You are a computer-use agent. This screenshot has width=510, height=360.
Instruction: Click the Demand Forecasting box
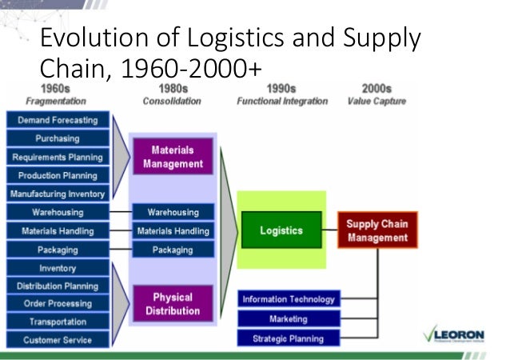click(57, 120)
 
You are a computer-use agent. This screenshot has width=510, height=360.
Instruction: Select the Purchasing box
click(57, 138)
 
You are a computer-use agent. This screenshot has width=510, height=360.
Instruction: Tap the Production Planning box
click(57, 175)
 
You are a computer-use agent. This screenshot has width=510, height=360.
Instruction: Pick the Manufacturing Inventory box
click(57, 194)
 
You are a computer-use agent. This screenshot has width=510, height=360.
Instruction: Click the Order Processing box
click(57, 303)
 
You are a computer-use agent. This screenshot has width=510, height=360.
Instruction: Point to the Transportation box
click(57, 322)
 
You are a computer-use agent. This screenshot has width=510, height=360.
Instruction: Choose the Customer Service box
click(57, 340)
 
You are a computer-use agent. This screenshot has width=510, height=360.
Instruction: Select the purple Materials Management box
click(173, 157)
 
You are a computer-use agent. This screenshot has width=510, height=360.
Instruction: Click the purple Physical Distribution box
click(173, 304)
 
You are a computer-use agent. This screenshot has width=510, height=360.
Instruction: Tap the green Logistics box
click(281, 230)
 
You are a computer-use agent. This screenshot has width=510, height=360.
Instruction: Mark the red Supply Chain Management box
click(377, 230)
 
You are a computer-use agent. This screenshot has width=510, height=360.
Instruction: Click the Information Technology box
click(289, 299)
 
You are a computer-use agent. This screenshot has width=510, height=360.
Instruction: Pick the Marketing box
click(289, 318)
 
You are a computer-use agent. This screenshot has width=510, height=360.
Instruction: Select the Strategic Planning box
click(289, 338)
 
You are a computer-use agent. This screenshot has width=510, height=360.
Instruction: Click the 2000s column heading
click(376, 89)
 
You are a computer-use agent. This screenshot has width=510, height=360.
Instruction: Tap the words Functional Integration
click(282, 102)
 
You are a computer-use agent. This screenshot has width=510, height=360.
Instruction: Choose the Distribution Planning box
click(57, 286)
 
